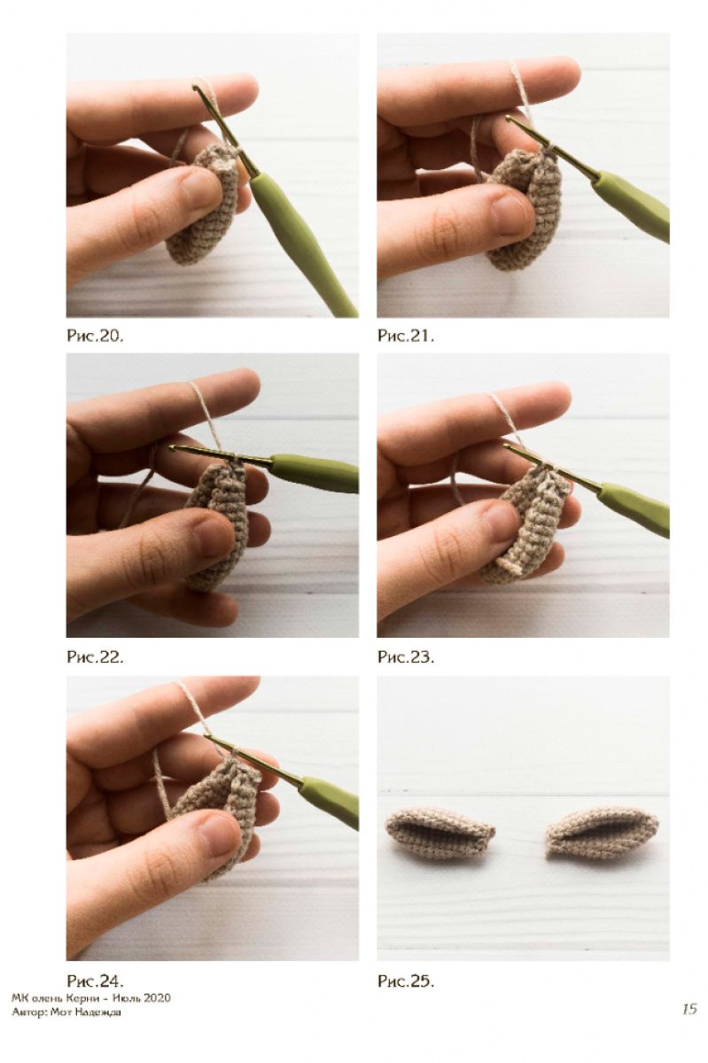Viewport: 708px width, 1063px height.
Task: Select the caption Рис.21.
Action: tap(405, 336)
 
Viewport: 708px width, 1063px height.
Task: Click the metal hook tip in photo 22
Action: tap(172, 447)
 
